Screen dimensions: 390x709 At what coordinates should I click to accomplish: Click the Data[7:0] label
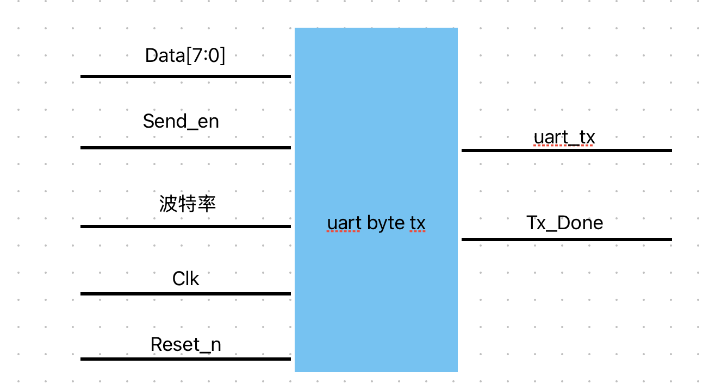tap(185, 55)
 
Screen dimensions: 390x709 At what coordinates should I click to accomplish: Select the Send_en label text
tap(181, 121)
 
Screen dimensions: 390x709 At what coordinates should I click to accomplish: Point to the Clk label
tap(185, 279)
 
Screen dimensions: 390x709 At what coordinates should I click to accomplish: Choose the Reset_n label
tap(185, 344)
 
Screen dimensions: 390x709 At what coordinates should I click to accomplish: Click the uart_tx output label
tap(564, 137)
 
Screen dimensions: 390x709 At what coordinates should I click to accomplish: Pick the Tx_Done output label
tap(565, 223)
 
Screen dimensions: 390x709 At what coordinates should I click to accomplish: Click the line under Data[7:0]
tap(185, 77)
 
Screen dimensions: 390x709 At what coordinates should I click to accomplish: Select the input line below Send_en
tap(185, 147)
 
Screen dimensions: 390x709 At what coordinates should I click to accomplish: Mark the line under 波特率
tap(185, 226)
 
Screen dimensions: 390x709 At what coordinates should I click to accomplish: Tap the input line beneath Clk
tap(185, 294)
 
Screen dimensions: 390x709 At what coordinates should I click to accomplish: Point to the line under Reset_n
tap(185, 359)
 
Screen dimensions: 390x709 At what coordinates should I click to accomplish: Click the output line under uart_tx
tap(567, 150)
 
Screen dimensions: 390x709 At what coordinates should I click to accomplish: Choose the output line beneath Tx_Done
tap(567, 239)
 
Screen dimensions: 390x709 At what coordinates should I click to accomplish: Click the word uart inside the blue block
tap(344, 223)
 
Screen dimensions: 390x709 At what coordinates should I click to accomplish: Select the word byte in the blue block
tap(385, 223)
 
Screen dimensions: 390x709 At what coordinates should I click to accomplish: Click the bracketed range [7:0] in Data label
tap(206, 55)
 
